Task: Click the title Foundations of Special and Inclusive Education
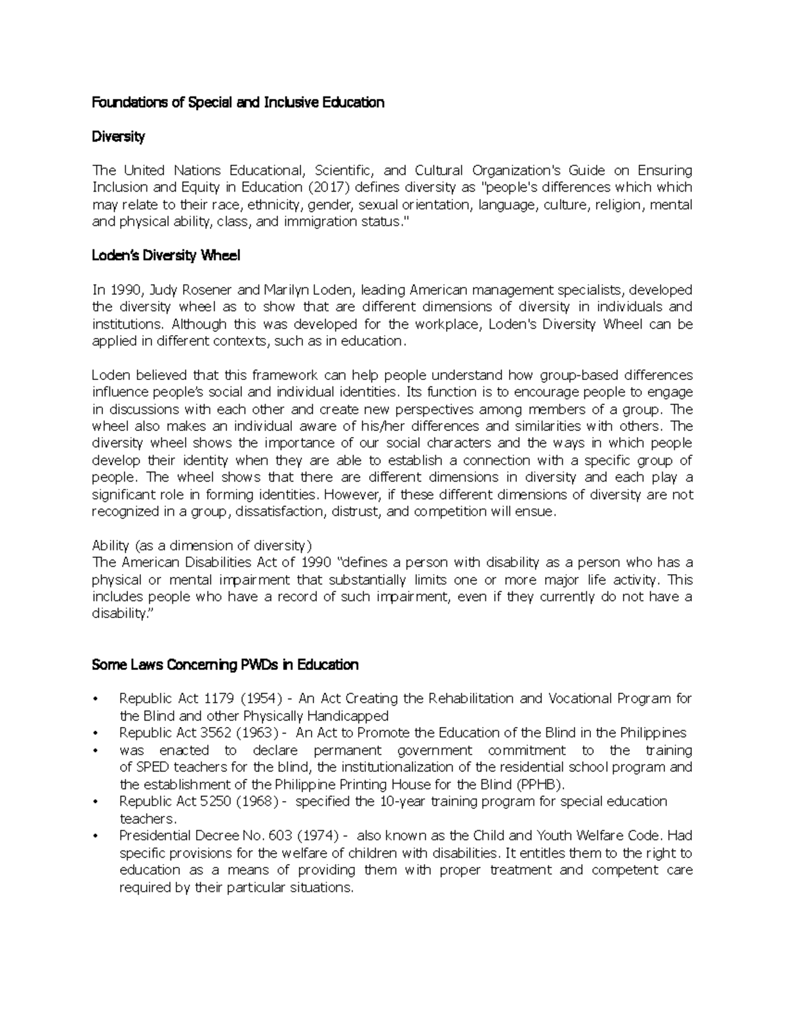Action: click(x=237, y=102)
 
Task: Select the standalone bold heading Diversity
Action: click(x=118, y=136)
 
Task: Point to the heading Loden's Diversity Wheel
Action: click(x=166, y=256)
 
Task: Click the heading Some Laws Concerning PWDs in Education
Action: click(x=225, y=665)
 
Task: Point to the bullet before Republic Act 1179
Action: click(x=96, y=699)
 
